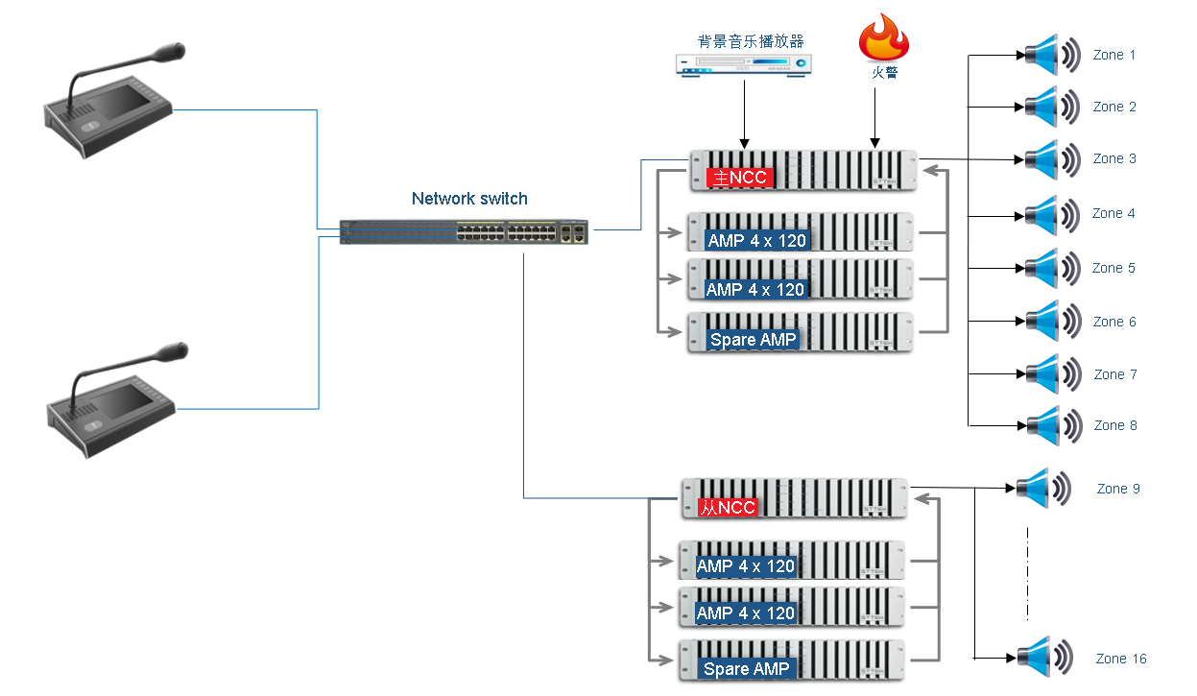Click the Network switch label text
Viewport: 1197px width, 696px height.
469,199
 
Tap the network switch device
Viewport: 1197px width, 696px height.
466,231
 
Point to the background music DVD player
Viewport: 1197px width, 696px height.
742,65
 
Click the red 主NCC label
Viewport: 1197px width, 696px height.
738,178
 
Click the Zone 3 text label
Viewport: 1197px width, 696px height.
1114,158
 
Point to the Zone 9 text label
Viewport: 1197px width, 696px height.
1118,489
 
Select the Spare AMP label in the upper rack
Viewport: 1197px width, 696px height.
754,339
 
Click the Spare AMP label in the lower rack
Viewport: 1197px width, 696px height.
746,668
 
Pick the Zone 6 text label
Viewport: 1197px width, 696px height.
1114,322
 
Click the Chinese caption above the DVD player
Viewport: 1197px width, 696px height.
751,41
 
